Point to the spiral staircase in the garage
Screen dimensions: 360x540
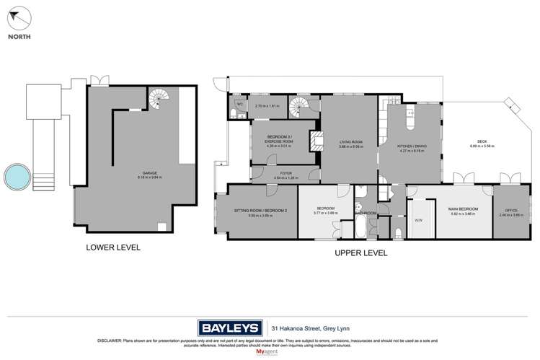click(158, 96)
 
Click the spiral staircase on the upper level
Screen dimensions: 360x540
click(298, 109)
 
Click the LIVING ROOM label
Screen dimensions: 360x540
click(350, 143)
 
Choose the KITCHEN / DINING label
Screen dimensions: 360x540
click(412, 146)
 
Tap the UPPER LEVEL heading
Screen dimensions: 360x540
click(360, 253)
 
